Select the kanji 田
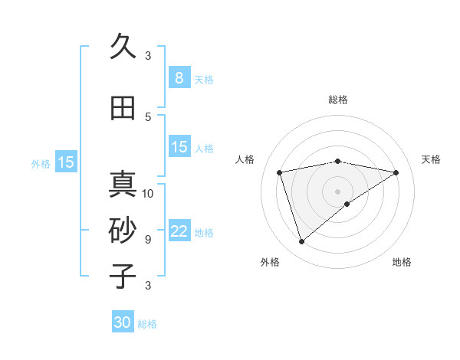(123, 108)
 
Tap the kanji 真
(123, 185)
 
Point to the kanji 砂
(123, 230)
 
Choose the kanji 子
(123, 276)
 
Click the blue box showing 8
(179, 77)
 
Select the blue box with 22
(179, 231)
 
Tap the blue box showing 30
(123, 322)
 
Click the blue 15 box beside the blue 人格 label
(179, 147)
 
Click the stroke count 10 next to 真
(148, 193)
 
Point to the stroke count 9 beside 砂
(148, 239)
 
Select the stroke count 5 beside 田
(148, 116)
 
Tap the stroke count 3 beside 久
(148, 55)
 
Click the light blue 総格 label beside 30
(147, 324)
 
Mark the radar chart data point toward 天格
(396, 172)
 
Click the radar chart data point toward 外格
(301, 241)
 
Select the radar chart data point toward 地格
(347, 204)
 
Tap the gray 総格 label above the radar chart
(337, 100)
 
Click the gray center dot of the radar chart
(337, 191)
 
